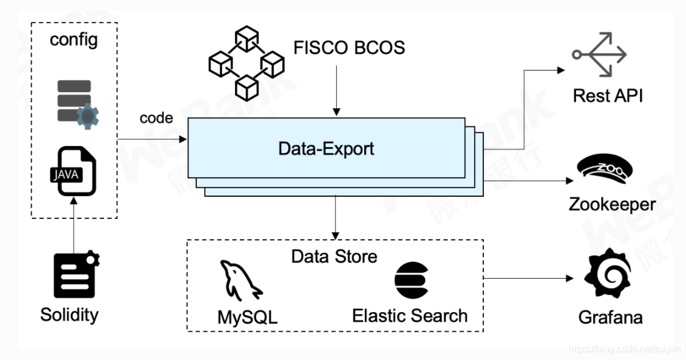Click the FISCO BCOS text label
[349, 47]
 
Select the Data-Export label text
[326, 148]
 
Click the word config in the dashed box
[74, 40]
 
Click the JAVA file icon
[73, 173]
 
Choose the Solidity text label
[69, 314]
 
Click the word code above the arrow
[156, 118]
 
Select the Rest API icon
[599, 54]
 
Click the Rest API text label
[608, 95]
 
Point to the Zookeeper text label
[611, 205]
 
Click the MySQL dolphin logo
[239, 282]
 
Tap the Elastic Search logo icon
[411, 280]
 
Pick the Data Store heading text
[334, 257]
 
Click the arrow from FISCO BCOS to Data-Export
[337, 90]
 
